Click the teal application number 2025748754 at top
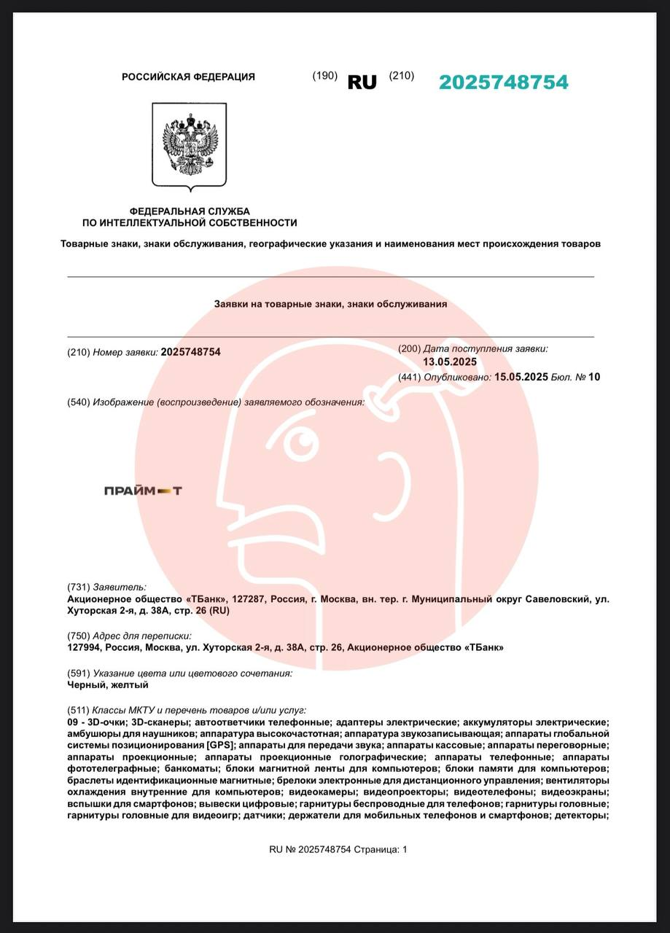click(503, 82)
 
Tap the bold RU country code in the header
click(362, 82)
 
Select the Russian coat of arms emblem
click(189, 144)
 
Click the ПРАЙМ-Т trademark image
click(143, 491)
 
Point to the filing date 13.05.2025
click(450, 362)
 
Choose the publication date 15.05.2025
click(521, 377)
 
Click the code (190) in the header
click(324, 76)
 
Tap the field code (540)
click(78, 402)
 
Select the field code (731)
click(78, 587)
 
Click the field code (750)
click(78, 636)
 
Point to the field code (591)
click(78, 673)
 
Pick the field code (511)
click(78, 709)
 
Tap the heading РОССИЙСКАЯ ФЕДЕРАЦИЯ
click(188, 77)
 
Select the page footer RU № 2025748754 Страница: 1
click(338, 849)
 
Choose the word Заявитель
click(119, 587)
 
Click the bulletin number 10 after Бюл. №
click(594, 377)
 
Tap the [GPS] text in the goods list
click(219, 745)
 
